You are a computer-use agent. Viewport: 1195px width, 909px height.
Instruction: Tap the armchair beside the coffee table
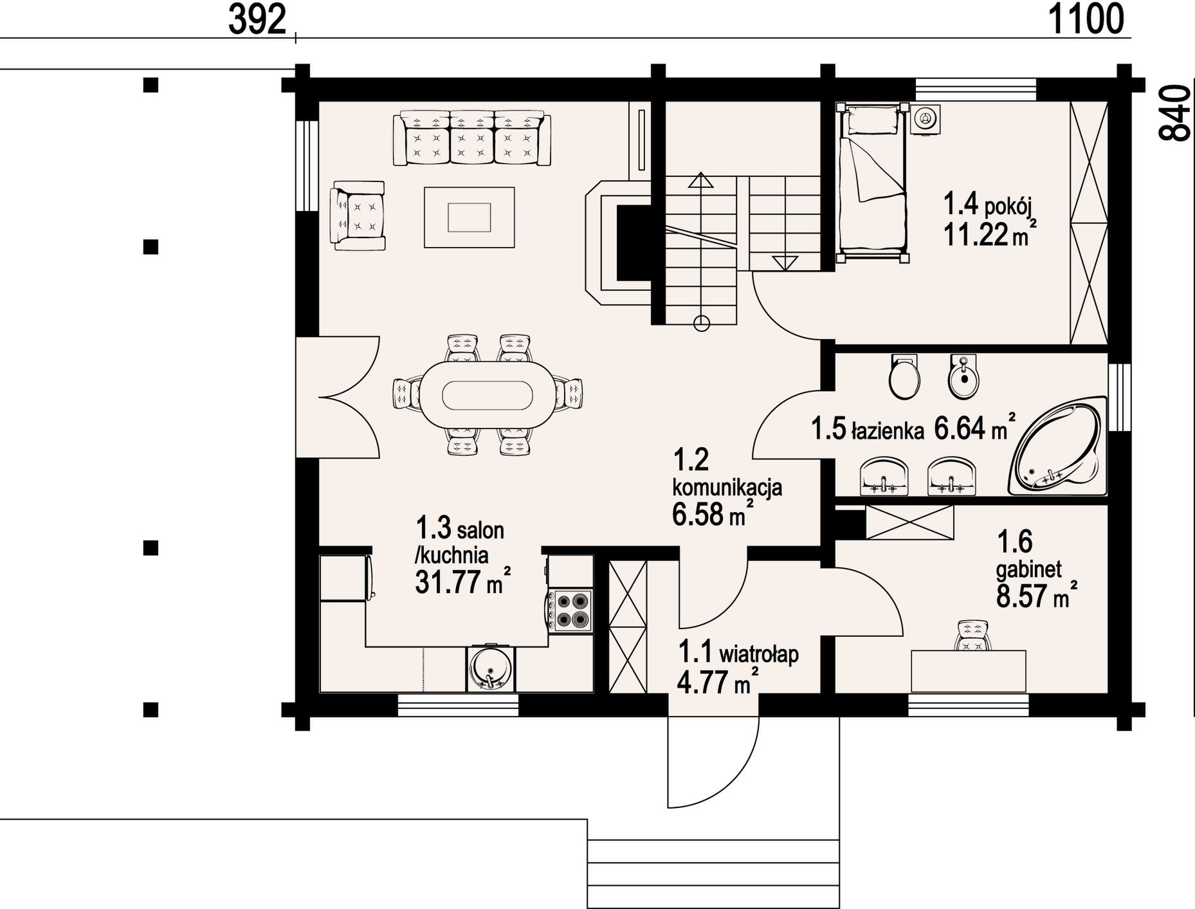click(x=358, y=215)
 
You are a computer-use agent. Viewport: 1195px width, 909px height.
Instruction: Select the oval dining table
click(x=488, y=394)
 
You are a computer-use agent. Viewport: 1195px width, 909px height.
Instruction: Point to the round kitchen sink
click(x=490, y=668)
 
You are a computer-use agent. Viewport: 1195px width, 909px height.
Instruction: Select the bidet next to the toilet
click(x=963, y=376)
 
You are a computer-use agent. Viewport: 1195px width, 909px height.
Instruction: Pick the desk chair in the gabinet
click(x=972, y=636)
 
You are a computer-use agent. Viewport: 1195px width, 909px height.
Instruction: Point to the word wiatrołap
click(x=759, y=655)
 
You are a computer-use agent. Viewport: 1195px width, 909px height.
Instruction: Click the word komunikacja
click(x=727, y=487)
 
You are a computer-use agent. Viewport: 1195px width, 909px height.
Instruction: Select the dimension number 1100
click(x=1086, y=19)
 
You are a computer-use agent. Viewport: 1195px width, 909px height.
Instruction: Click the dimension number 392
click(x=257, y=21)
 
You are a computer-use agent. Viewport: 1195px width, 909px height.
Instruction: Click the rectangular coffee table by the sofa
click(x=470, y=217)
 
